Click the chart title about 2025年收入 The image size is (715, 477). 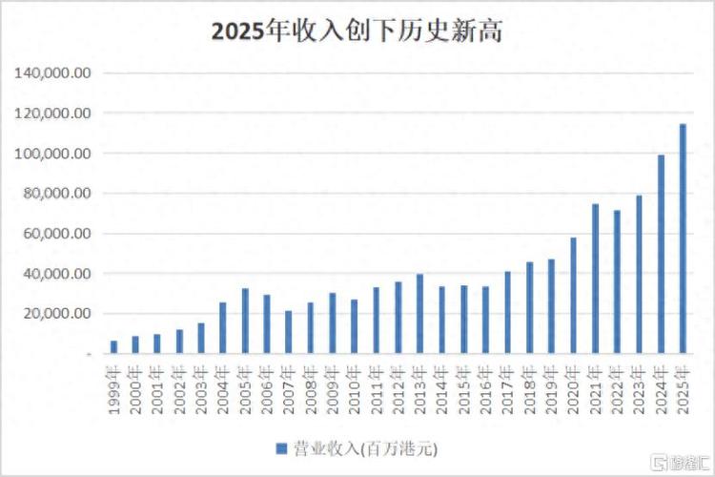click(x=357, y=31)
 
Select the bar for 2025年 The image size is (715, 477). click(x=683, y=238)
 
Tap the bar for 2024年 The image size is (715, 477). click(x=662, y=254)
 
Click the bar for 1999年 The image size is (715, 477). click(x=114, y=347)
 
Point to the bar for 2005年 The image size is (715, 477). click(x=245, y=321)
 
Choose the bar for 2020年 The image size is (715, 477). click(x=574, y=296)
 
